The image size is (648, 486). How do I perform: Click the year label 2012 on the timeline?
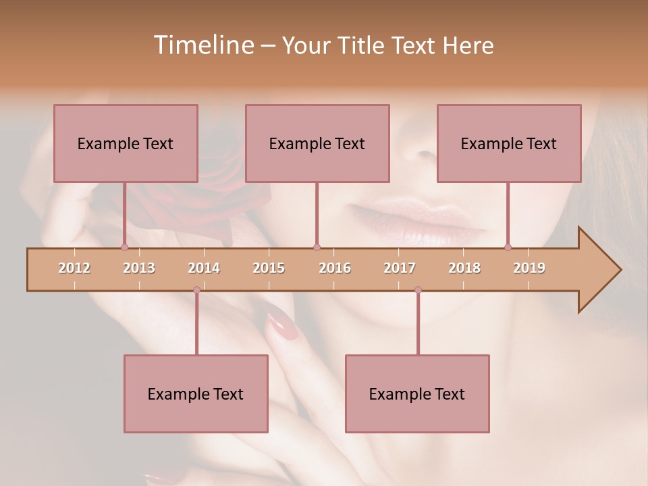click(x=74, y=268)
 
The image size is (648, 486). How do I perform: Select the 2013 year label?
click(x=139, y=268)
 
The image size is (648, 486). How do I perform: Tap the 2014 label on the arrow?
click(x=204, y=268)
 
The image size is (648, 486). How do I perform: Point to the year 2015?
click(x=269, y=268)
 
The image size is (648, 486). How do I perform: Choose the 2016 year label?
click(x=335, y=268)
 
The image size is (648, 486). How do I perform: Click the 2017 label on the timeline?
click(x=400, y=268)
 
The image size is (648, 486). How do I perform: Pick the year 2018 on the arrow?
click(x=464, y=268)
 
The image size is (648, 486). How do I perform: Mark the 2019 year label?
click(x=529, y=268)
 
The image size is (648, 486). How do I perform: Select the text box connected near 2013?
click(x=126, y=143)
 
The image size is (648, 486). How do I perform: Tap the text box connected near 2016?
click(x=317, y=143)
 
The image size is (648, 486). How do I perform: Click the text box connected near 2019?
click(x=509, y=143)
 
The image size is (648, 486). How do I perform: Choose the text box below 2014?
click(x=196, y=394)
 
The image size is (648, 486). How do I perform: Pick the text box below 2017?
click(x=417, y=394)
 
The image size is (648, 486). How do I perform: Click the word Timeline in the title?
click(x=202, y=45)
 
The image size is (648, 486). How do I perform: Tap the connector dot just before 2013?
click(x=124, y=247)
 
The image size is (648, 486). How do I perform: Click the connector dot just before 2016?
click(x=317, y=247)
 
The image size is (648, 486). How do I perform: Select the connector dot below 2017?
click(x=418, y=290)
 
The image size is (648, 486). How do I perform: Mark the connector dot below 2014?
click(x=196, y=290)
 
